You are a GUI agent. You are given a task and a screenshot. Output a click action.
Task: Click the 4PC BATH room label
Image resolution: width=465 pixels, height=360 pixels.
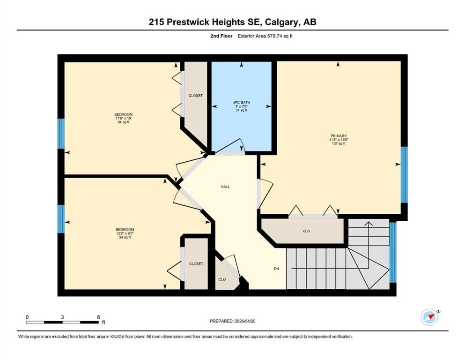pos(241,103)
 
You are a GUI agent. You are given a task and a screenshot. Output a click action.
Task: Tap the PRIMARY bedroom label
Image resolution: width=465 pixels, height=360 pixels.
pos(339,136)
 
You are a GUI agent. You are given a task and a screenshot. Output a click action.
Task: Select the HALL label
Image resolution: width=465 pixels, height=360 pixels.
pos(225,187)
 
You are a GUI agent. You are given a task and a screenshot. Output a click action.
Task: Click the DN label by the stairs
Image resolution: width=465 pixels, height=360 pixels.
pos(276,269)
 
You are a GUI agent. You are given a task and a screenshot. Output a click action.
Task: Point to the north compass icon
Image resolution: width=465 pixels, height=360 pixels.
pos(430,317)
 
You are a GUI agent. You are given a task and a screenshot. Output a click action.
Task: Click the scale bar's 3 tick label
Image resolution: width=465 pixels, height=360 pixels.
pos(62,317)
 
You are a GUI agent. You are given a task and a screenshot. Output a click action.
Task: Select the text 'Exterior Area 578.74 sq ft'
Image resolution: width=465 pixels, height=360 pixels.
pos(265,36)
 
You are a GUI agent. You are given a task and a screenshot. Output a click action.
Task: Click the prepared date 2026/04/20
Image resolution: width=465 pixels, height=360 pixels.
pos(244,321)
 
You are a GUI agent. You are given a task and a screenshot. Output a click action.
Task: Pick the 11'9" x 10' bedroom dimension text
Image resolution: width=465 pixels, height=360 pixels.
pos(123,118)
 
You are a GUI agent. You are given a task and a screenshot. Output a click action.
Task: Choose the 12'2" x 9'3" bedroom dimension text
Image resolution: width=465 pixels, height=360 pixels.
pos(125,233)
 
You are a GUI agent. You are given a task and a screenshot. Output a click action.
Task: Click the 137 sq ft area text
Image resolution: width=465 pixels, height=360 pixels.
pos(339,143)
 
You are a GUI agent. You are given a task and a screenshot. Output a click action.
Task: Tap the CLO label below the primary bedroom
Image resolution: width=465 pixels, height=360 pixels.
pos(306,231)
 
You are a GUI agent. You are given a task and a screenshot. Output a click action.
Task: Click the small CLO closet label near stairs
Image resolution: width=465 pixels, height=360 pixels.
pos(222,279)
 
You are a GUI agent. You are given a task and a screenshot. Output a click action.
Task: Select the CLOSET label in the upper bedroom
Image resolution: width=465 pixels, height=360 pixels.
pos(196,96)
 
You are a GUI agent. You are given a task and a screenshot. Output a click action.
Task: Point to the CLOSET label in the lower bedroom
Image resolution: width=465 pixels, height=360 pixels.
pos(196,264)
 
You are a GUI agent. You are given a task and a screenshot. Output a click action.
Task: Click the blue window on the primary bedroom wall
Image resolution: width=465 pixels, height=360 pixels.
pos(404,175)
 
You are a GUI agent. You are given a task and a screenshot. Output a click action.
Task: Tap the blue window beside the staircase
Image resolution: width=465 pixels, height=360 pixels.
pos(393,252)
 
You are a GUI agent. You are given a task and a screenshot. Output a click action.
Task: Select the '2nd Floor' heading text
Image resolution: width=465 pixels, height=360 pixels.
pos(221,36)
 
